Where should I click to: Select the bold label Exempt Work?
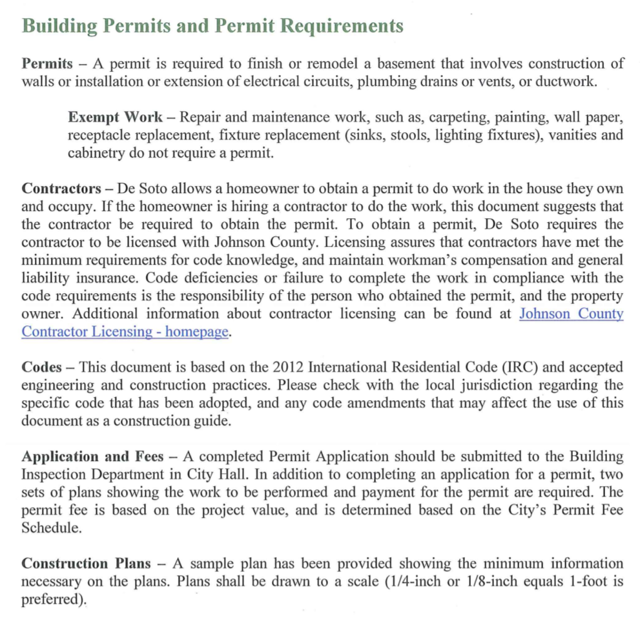coord(116,118)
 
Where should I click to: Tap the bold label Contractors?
coord(61,189)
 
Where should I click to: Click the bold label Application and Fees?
coord(92,456)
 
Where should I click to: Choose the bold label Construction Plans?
coord(87,564)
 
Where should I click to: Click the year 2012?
coord(288,367)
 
